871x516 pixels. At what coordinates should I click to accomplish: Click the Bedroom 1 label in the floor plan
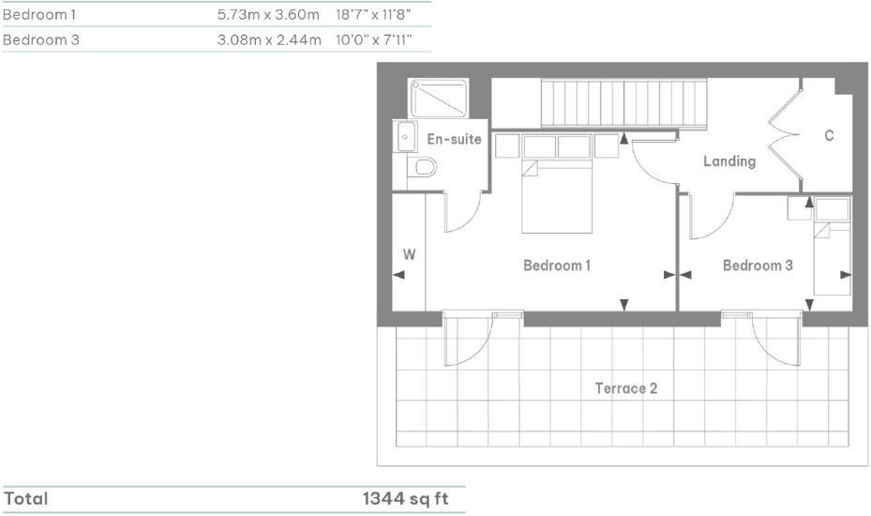(557, 266)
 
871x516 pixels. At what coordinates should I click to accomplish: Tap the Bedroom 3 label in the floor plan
(758, 266)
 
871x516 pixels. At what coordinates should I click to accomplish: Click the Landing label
(729, 161)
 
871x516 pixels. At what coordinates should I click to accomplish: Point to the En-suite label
(454, 140)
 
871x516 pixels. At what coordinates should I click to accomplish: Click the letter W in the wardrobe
(409, 253)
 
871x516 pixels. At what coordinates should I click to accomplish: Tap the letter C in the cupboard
(829, 136)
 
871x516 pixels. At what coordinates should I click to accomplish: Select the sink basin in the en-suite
(405, 136)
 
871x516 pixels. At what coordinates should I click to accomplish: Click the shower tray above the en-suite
(438, 98)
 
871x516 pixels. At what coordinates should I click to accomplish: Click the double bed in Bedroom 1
(558, 195)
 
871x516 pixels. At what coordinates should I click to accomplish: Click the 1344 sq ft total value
(406, 499)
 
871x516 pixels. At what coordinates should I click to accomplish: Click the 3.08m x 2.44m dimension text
(269, 40)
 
